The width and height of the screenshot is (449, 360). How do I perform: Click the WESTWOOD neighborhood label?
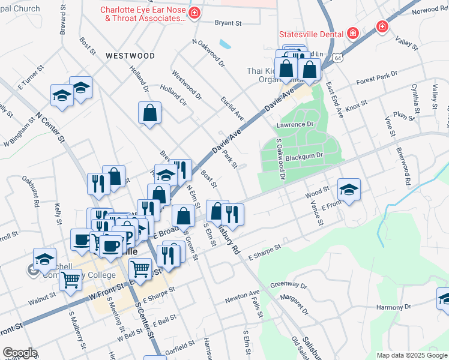(130, 56)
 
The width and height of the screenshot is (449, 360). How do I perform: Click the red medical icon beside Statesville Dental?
(352, 33)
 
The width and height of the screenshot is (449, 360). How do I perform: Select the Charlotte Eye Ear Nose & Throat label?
(143, 14)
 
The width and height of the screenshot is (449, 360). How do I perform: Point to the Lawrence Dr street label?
(295, 125)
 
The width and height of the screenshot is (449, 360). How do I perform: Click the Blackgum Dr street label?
(304, 156)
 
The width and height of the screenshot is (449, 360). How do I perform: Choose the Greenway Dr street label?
(288, 285)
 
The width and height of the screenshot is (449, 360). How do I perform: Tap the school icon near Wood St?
(349, 190)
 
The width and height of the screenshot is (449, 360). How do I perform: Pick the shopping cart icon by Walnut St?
(71, 278)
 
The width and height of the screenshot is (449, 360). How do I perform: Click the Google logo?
(20, 353)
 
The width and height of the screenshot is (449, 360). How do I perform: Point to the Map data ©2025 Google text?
(411, 355)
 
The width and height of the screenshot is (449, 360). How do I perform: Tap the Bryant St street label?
(228, 23)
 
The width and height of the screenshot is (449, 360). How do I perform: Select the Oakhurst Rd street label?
(31, 191)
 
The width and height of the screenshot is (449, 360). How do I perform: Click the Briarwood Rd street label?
(403, 164)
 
